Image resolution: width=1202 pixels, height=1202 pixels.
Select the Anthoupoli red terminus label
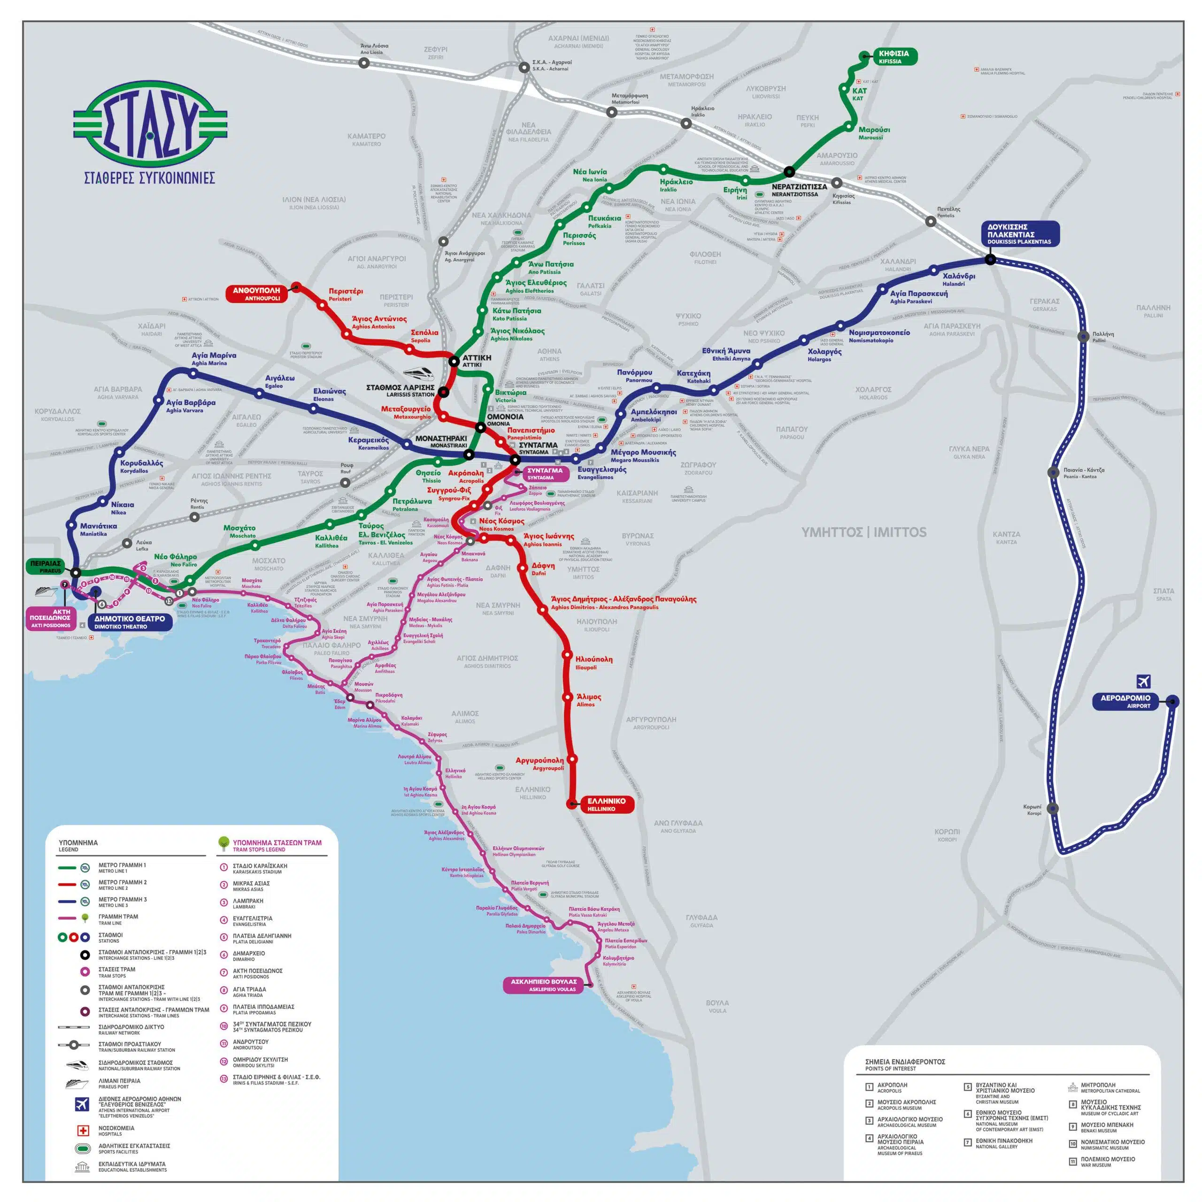(x=256, y=293)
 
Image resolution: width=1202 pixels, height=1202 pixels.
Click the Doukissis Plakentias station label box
(x=1019, y=234)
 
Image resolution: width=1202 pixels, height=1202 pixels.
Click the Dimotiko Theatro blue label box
(x=130, y=622)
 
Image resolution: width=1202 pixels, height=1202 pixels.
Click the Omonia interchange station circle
(x=480, y=427)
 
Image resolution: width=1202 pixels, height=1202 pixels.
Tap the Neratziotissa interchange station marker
(x=789, y=172)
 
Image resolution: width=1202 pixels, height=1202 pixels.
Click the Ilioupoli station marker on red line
(x=567, y=655)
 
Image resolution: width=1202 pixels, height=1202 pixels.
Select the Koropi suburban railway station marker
(x=1052, y=809)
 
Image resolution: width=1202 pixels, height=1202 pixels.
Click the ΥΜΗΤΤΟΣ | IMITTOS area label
(x=863, y=532)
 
